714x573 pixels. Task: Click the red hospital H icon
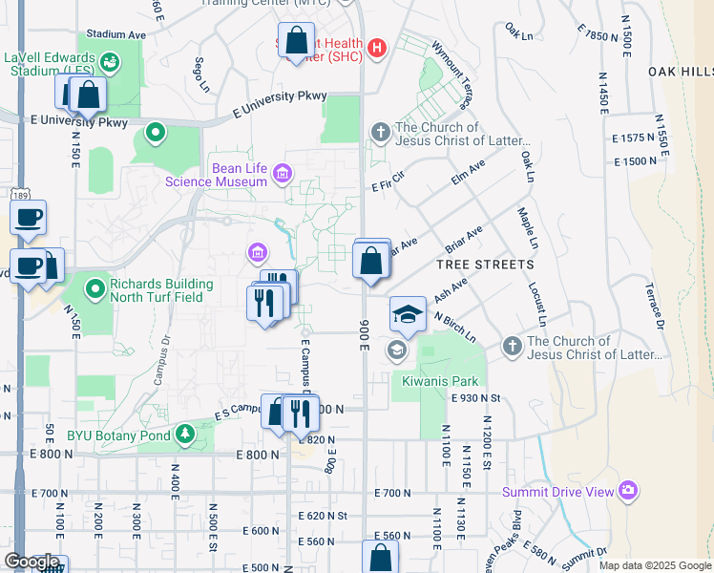(x=377, y=47)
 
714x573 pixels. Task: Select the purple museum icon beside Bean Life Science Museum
(x=282, y=174)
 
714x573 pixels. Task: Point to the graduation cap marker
(x=408, y=314)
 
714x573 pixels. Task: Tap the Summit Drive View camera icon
(x=627, y=491)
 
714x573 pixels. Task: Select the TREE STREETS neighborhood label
(x=485, y=265)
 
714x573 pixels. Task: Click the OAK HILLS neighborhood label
(x=680, y=72)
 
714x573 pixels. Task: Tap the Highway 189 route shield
(x=21, y=193)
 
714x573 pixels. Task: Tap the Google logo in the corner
(x=31, y=562)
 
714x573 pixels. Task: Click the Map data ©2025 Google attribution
(x=654, y=565)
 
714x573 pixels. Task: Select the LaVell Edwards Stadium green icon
(x=110, y=63)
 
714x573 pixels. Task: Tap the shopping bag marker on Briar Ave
(x=370, y=261)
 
